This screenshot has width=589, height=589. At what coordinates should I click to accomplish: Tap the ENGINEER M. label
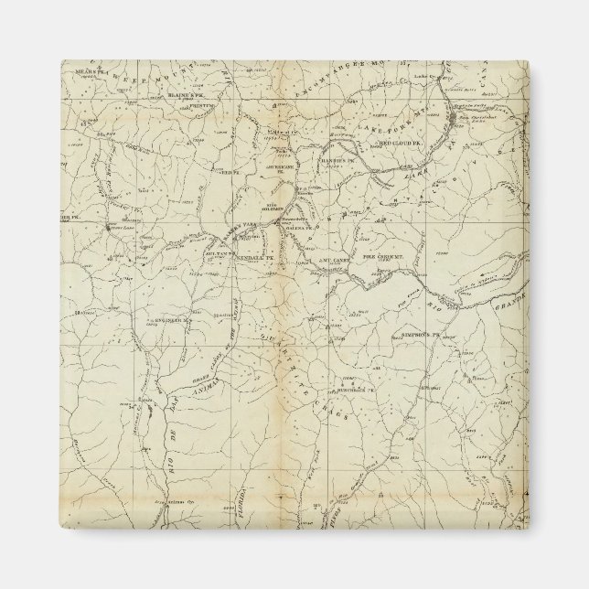pyautogui.click(x=170, y=322)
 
